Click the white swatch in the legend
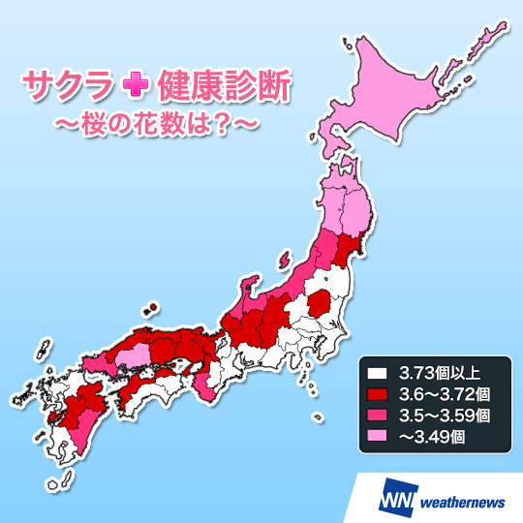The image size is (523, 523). click(376, 372)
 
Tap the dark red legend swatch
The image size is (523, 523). click(376, 393)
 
